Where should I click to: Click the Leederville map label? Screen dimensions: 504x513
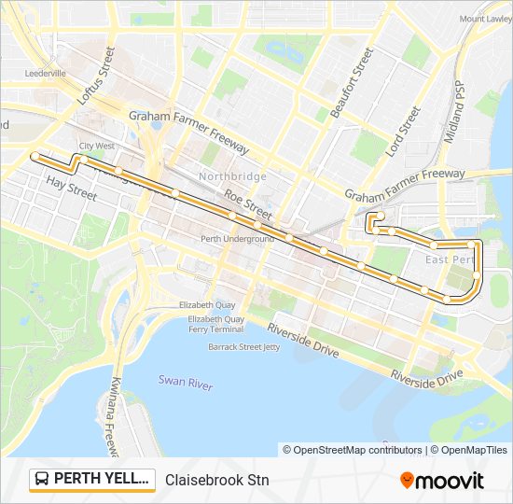tap(46, 73)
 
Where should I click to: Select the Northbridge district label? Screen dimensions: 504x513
tap(232, 176)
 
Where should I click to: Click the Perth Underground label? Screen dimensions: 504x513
tap(237, 239)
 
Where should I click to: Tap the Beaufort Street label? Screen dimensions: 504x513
tap(358, 78)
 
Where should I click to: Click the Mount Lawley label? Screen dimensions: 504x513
tap(485, 19)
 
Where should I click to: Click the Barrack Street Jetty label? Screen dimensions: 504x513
tap(243, 346)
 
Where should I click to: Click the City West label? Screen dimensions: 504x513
tap(97, 147)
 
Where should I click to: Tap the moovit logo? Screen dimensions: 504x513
tap(442, 481)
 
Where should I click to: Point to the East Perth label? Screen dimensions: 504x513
tap(446, 259)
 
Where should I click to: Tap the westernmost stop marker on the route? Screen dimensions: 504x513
tap(35, 155)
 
